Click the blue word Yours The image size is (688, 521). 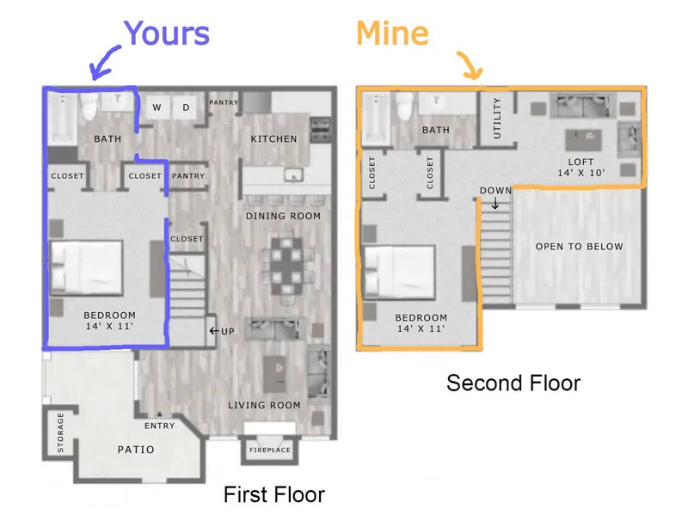167,33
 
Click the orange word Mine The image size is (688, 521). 392,33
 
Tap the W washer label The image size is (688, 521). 157,107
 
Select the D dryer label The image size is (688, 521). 186,107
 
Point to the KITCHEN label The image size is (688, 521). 273,139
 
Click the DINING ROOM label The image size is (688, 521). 283,216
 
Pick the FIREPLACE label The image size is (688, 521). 270,450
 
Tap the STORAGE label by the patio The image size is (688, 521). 60,432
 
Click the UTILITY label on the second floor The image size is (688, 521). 497,119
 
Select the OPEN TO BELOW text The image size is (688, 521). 579,247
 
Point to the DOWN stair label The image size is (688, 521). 495,190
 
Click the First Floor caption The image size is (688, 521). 274,494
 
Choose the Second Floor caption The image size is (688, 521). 513,383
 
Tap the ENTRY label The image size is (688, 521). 160,426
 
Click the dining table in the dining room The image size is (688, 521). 286,266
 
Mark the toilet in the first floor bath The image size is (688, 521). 89,107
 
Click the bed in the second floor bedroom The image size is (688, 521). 399,273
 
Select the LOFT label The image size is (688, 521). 581,162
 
